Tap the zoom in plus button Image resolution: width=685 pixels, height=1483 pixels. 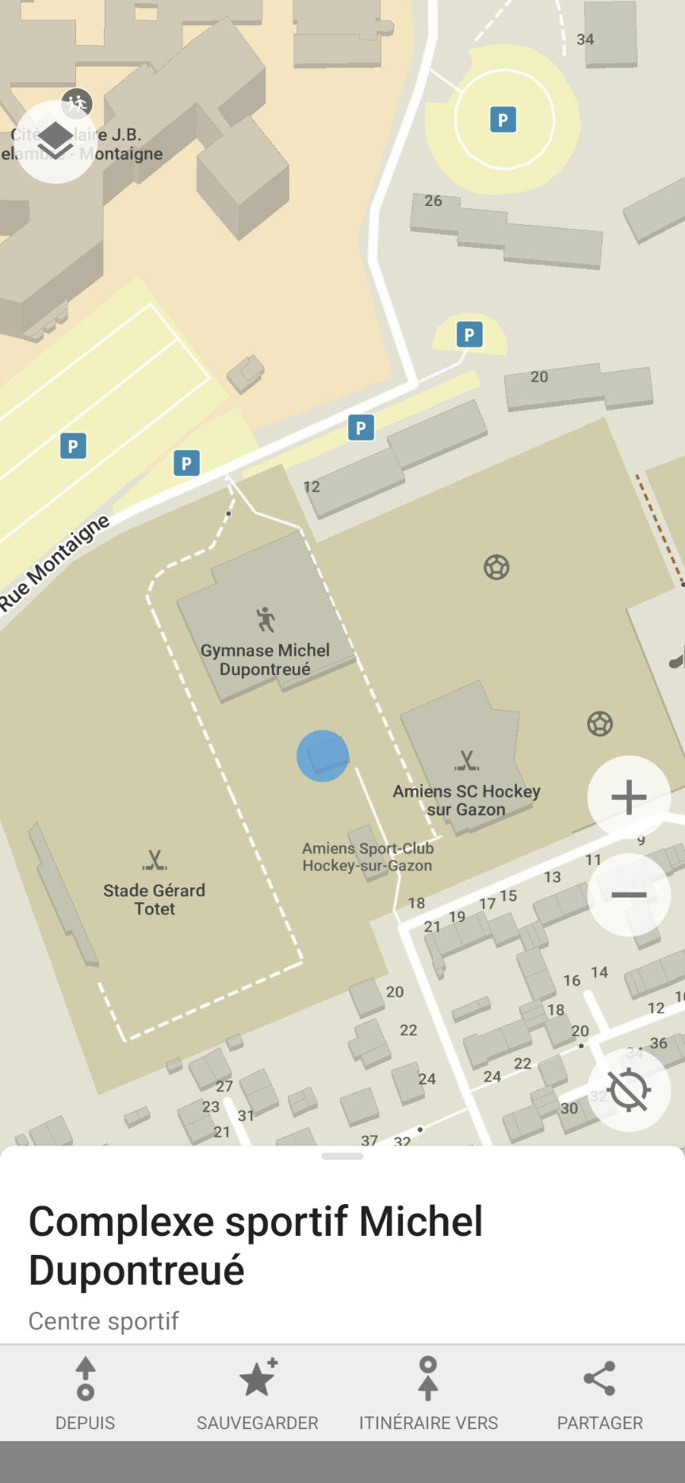click(629, 797)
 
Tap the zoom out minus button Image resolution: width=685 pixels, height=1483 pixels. click(629, 895)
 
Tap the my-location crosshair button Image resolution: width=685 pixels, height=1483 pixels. click(629, 1090)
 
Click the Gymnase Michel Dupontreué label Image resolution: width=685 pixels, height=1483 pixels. click(265, 660)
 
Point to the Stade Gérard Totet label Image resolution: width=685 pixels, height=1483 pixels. click(155, 900)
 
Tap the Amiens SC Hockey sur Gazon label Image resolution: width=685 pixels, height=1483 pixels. click(466, 800)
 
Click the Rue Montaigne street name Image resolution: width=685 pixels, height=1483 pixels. click(55, 563)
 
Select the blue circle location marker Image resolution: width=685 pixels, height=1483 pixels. click(323, 756)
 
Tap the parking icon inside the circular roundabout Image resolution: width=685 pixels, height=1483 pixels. click(503, 120)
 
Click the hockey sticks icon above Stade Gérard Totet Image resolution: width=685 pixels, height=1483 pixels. click(155, 860)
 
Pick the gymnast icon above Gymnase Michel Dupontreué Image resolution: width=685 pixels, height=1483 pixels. click(266, 620)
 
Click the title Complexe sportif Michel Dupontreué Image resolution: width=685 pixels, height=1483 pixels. click(255, 1245)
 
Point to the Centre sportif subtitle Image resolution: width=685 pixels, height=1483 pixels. click(104, 1321)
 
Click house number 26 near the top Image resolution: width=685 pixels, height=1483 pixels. click(433, 201)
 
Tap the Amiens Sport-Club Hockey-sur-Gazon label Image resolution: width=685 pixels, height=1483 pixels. click(368, 857)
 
